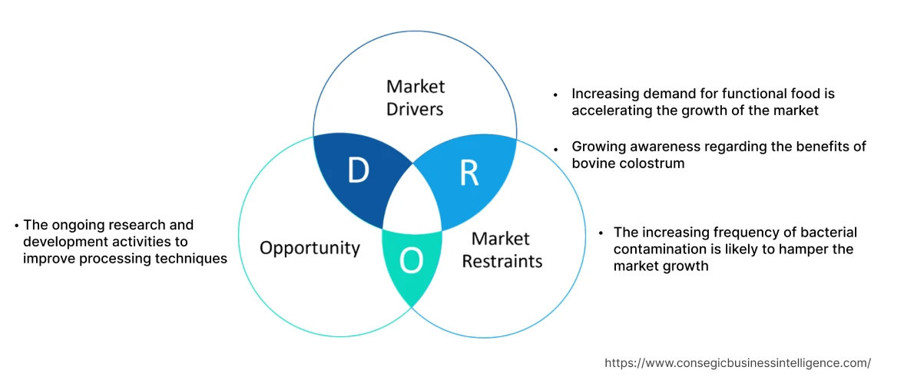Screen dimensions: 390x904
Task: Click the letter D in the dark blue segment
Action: click(x=358, y=171)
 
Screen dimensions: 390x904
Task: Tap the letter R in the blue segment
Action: click(x=469, y=174)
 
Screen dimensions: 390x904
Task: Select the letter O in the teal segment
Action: click(x=412, y=262)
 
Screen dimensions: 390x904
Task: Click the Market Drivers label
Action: click(x=415, y=97)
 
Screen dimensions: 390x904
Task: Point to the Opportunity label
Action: click(x=310, y=248)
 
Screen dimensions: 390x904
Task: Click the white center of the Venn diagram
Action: click(x=413, y=204)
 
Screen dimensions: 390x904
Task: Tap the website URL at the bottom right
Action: click(x=737, y=363)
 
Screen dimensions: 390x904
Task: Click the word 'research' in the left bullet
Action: click(x=135, y=225)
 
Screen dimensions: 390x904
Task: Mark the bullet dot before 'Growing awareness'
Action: click(x=555, y=147)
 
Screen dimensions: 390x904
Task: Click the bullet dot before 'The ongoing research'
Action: click(x=17, y=226)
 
